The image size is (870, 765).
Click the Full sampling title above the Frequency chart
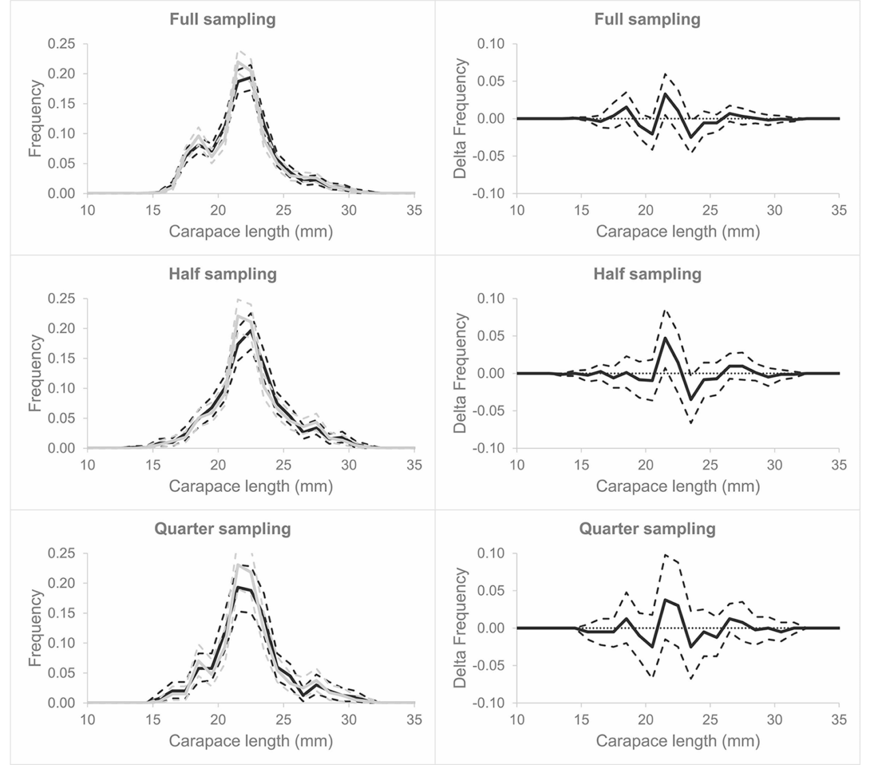(222, 19)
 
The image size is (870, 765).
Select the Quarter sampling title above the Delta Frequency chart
(647, 529)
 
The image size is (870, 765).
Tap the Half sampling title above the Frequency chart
(222, 274)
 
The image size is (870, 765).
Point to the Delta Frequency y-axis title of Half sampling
(461, 373)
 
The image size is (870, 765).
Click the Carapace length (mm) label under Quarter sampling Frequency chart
(251, 741)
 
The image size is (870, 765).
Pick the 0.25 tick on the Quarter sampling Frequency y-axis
(62, 553)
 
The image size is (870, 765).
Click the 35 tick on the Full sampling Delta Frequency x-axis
(839, 211)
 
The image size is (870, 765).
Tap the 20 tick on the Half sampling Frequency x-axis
(218, 465)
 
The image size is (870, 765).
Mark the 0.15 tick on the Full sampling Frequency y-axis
(62, 103)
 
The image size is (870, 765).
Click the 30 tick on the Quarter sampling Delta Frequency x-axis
(774, 720)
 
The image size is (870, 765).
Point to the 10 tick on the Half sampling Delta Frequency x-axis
(517, 465)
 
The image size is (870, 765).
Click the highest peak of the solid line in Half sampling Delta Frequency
(665, 338)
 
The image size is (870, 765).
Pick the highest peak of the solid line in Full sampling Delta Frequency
(665, 94)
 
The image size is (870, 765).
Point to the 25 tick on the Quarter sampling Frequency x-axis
(283, 720)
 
